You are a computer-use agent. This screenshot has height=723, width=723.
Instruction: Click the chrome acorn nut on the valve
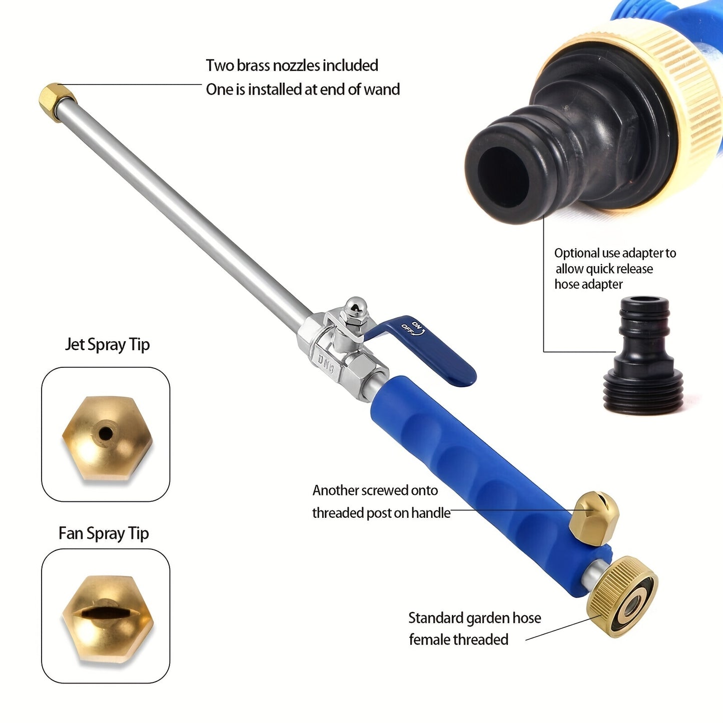(x=356, y=306)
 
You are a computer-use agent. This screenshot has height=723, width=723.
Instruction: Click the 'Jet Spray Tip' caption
(x=107, y=345)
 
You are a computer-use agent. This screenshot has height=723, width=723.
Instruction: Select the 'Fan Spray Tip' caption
(x=104, y=533)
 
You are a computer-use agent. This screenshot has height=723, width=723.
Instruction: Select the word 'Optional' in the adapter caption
(x=576, y=253)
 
